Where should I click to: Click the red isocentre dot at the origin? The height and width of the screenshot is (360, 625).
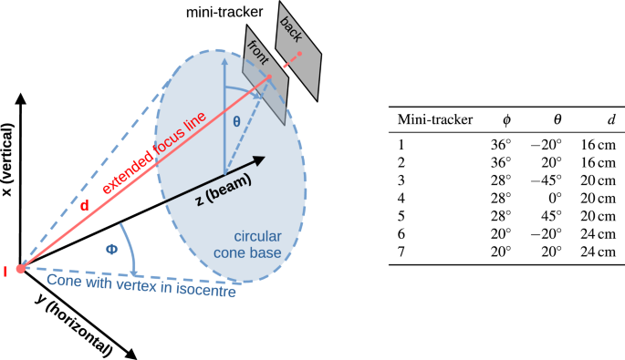tap(20, 269)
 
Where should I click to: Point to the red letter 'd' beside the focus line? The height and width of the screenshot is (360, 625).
tap(85, 207)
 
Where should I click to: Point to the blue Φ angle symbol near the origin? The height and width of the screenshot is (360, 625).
tap(112, 248)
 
